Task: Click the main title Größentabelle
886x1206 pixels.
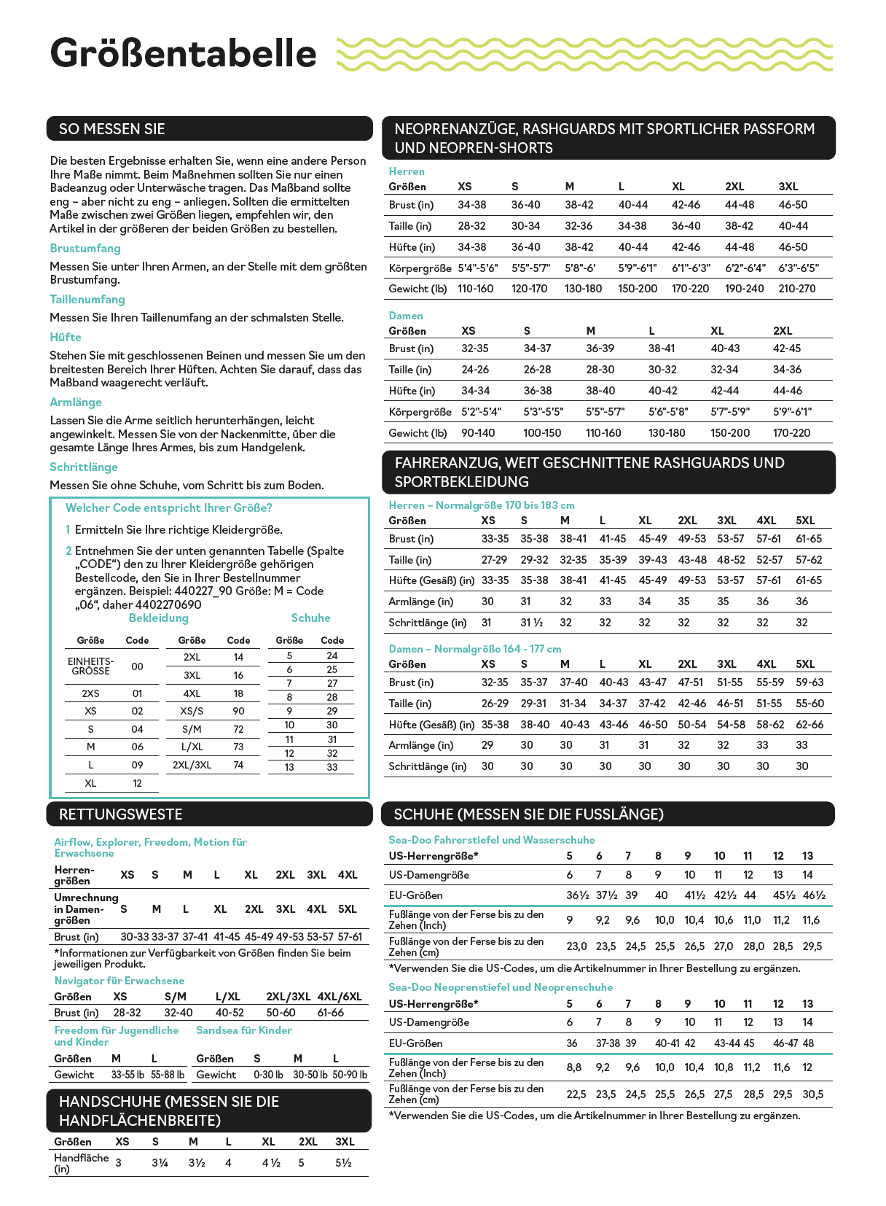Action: pos(183,54)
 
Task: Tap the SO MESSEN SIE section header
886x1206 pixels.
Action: pos(111,129)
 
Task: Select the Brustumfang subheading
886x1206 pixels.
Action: pos(85,248)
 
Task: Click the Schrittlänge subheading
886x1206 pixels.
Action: pos(84,467)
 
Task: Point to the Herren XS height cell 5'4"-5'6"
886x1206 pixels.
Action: pos(478,268)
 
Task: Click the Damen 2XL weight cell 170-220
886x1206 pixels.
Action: pos(791,433)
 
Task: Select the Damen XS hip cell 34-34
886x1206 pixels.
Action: pos(476,391)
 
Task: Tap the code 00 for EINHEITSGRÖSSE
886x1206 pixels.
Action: pos(137,666)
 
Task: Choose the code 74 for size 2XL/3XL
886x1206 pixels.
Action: pos(238,765)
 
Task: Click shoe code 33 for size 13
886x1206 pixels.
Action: pos(332,767)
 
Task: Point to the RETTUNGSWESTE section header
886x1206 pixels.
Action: pos(121,814)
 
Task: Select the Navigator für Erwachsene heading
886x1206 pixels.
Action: pos(119,981)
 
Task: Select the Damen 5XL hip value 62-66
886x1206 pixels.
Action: pos(809,725)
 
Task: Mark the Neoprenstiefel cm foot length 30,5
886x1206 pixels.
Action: pos(812,1094)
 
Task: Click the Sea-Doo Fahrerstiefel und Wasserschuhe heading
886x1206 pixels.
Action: pos(492,840)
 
